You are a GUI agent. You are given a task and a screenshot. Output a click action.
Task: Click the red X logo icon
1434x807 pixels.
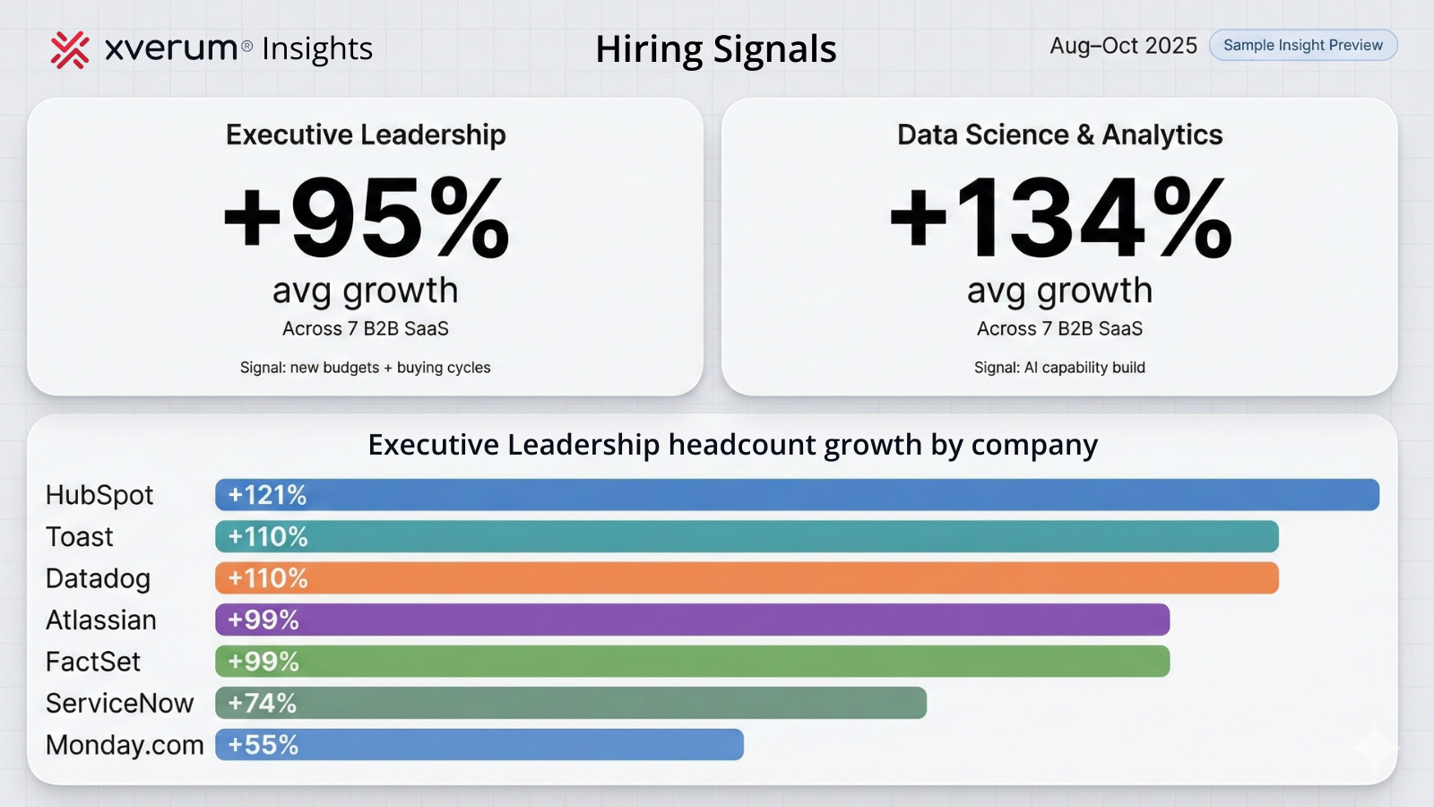coord(70,50)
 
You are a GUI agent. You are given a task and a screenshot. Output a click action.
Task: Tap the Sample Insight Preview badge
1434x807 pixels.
coord(1302,46)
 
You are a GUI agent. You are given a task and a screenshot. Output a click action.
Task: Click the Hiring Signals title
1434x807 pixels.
coord(715,49)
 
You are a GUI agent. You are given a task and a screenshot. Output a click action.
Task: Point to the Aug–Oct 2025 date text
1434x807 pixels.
coord(1123,46)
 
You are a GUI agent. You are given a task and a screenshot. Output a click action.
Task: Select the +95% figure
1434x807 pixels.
coord(366,219)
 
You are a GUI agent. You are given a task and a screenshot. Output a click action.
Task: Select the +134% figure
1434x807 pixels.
coord(1059,219)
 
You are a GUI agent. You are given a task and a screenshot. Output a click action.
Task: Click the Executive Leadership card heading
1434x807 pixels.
coord(366,134)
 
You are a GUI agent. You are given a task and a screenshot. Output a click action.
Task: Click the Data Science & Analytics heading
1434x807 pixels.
coord(1059,134)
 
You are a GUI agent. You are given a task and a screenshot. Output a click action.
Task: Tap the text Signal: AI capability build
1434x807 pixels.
coord(1059,368)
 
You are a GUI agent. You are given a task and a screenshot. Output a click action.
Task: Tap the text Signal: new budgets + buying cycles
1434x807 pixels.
coord(365,368)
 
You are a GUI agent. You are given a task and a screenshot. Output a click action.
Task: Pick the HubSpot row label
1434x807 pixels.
coord(99,495)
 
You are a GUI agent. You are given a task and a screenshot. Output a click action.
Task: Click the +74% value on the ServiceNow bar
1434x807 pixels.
coord(262,703)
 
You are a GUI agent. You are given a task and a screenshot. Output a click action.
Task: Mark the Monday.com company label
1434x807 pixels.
coord(125,745)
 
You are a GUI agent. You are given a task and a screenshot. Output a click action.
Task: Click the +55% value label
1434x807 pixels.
coord(263,745)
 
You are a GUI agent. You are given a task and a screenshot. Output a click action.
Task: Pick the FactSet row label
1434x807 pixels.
coord(93,662)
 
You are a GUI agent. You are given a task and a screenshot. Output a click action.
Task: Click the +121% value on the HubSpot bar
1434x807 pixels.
coord(267,495)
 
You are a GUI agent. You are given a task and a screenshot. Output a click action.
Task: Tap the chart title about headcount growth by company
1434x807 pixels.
coord(732,445)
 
